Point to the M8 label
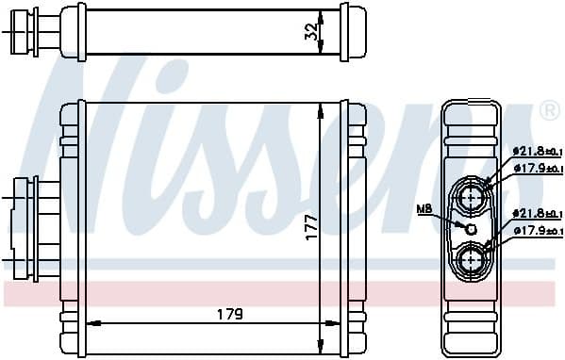(425, 208)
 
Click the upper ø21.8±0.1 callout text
(537, 152)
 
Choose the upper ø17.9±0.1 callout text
(537, 168)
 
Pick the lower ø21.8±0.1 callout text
(537, 214)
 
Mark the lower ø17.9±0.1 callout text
(537, 231)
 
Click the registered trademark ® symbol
(549, 112)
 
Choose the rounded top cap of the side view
(471, 115)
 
